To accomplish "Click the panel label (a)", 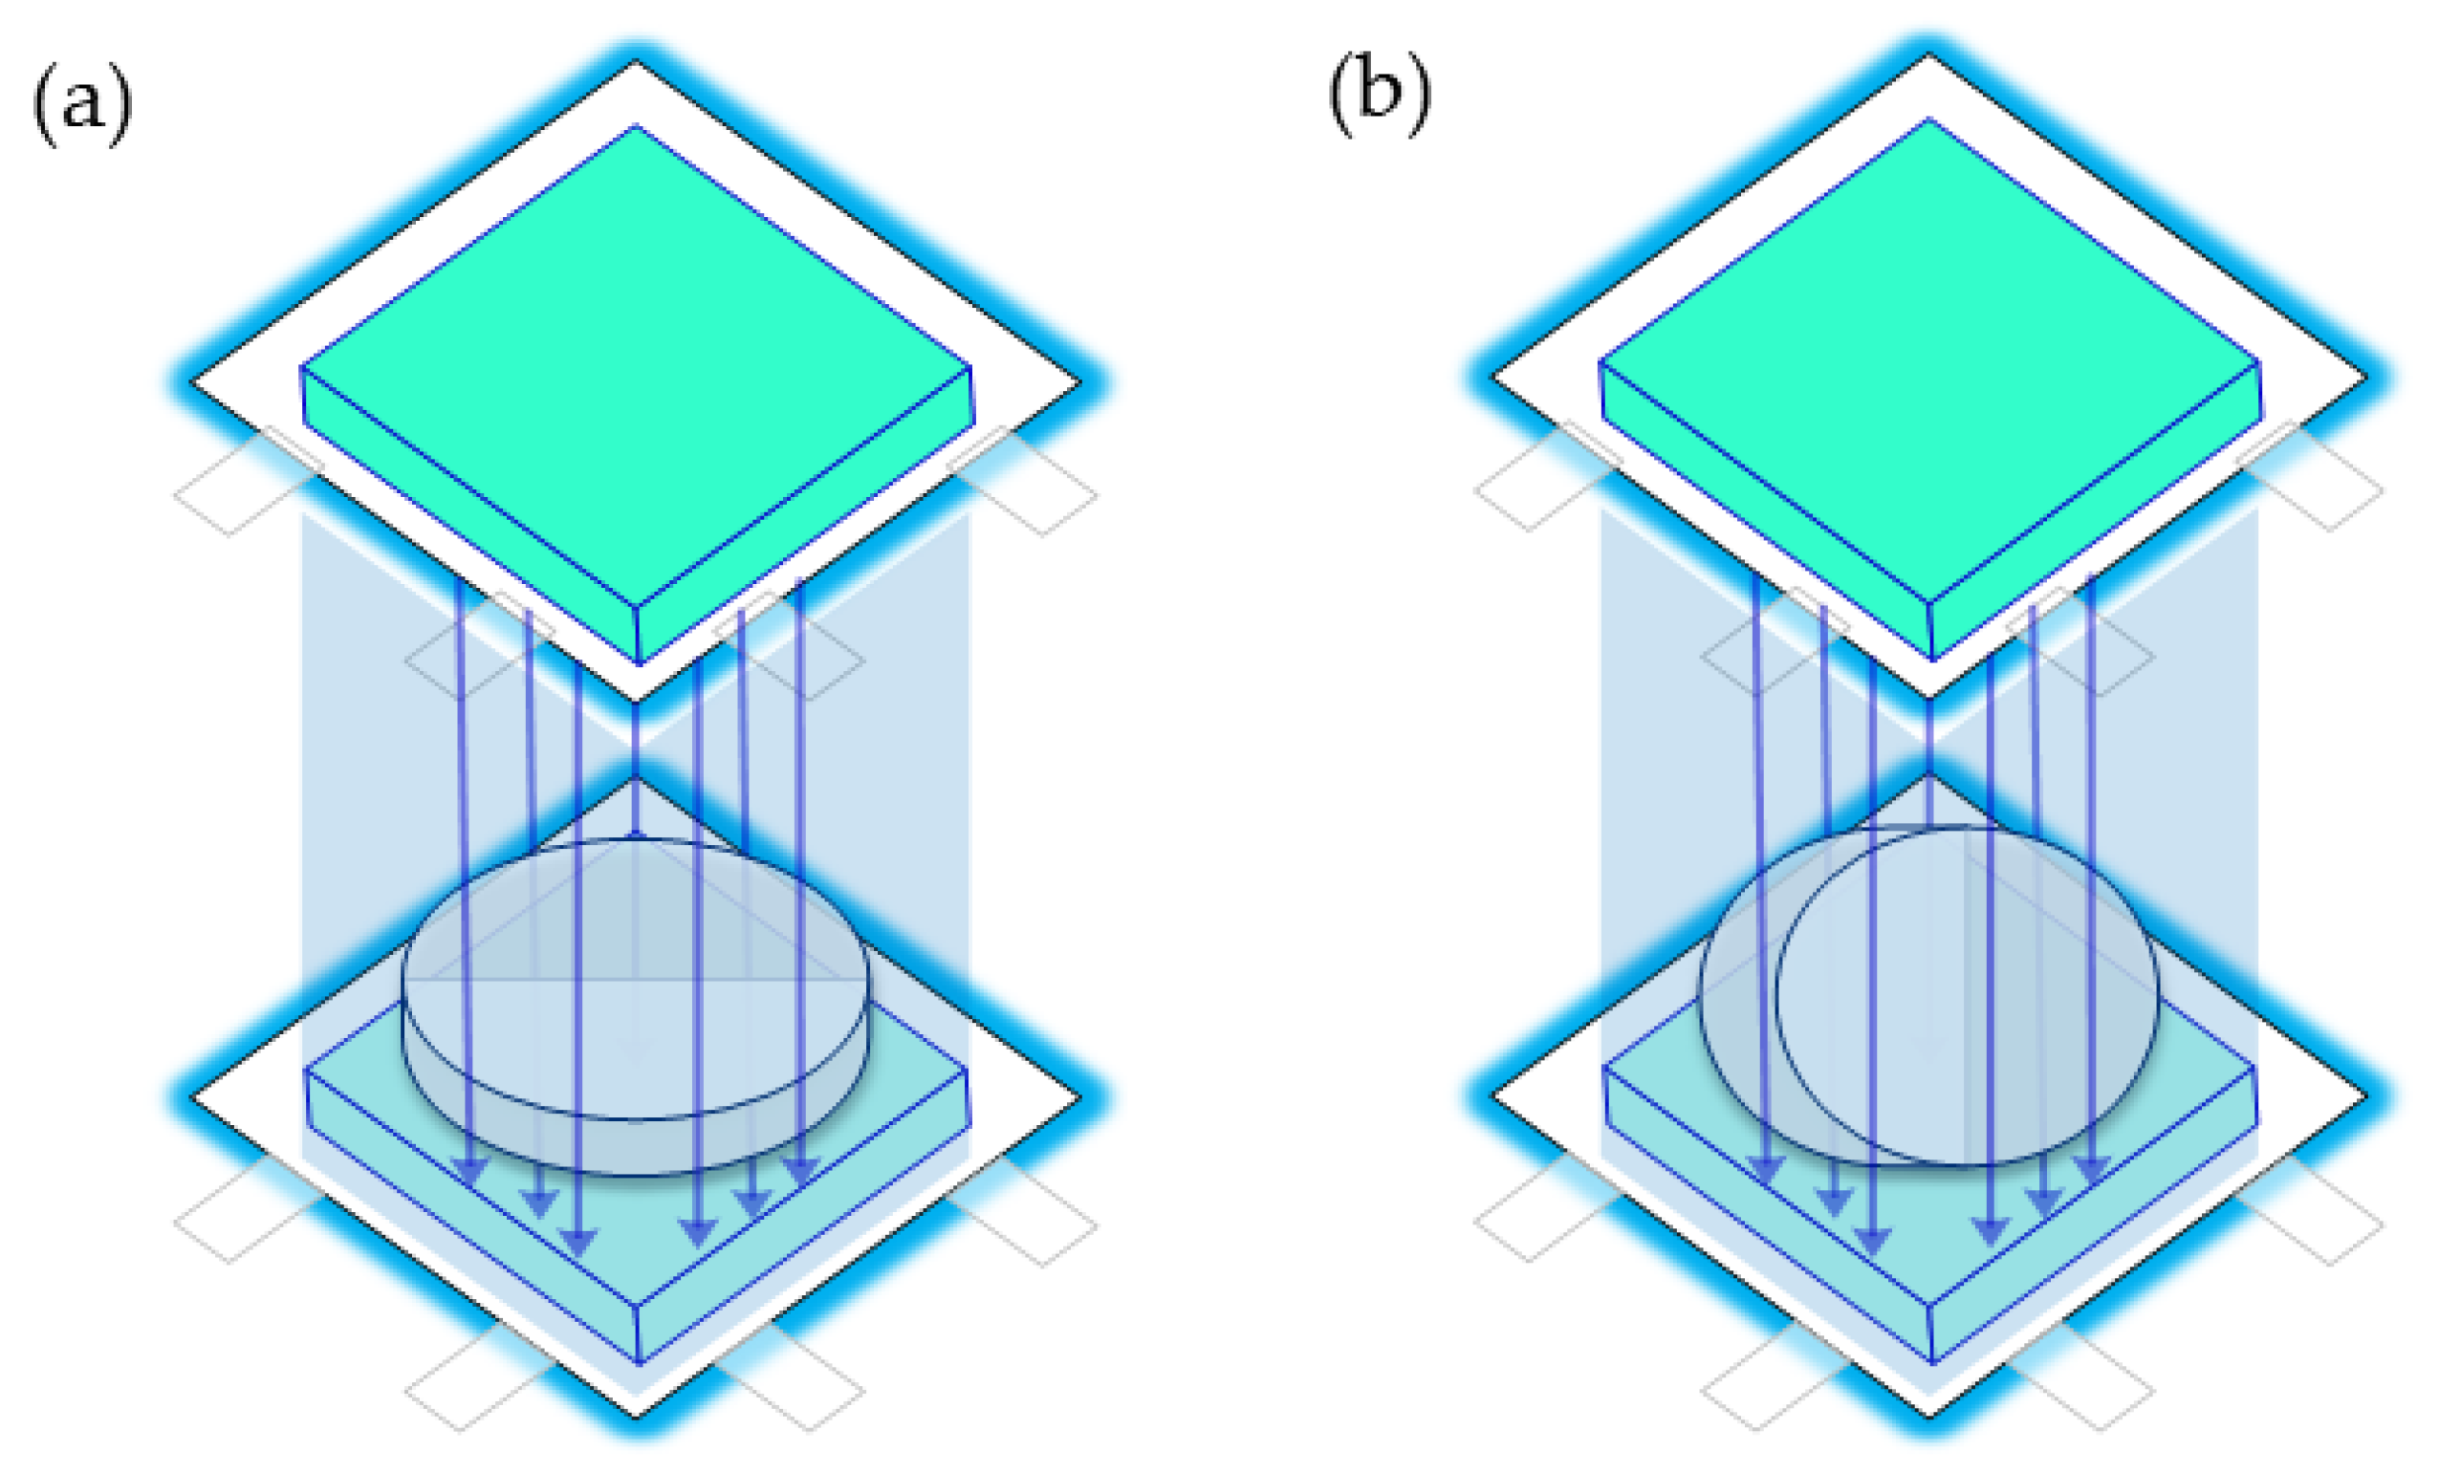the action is (x=82, y=102).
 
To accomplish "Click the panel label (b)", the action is (x=1379, y=95).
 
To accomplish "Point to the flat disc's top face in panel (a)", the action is (x=636, y=975).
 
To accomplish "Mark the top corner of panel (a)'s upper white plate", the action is (x=636, y=63).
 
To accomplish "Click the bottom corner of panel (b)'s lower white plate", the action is (x=1928, y=1414).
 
